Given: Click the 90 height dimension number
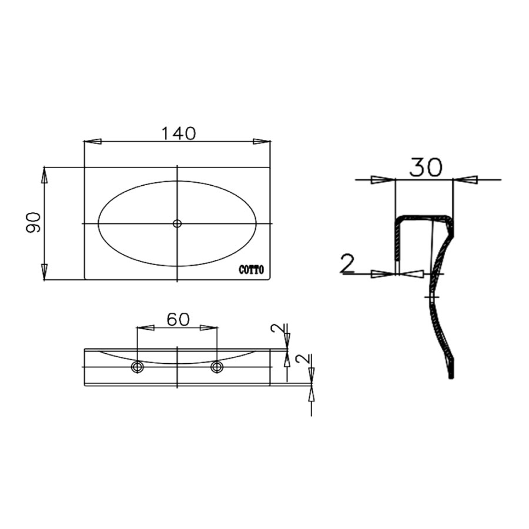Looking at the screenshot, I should pos(34,223).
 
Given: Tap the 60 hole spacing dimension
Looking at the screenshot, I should pos(177,319).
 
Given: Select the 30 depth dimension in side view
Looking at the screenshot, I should pos(425,168).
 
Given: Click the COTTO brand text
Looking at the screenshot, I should pos(252,270).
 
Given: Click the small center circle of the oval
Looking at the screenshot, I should pos(178,223).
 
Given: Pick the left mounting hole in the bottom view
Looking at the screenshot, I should pos(138,367).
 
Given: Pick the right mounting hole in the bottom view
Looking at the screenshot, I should pos(217,367).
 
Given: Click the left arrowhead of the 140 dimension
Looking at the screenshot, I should pos(93,142).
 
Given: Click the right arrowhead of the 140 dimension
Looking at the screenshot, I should pos(262,142).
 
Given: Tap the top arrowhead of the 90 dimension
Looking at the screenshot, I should pos(44,176).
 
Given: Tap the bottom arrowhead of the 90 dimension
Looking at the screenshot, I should pos(44,272).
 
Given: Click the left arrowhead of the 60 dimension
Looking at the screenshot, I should pos(145,328).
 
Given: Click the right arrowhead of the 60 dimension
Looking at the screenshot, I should pos(209,328).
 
